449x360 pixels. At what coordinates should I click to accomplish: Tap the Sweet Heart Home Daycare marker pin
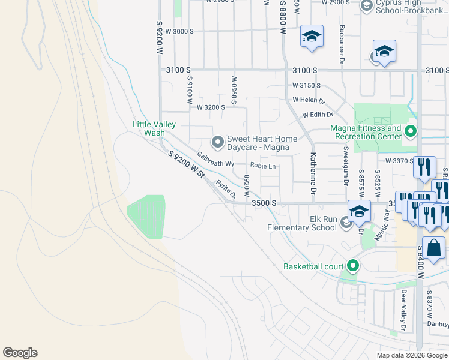[217, 142]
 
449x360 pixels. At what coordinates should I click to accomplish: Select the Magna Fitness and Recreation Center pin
[411, 131]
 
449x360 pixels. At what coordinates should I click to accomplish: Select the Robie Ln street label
[263, 166]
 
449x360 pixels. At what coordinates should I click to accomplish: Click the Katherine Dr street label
[313, 174]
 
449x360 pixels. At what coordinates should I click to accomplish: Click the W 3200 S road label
[211, 107]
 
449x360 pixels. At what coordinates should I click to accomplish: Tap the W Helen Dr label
[309, 100]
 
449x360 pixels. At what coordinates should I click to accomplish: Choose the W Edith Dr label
[318, 115]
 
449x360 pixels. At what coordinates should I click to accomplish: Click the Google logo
[20, 353]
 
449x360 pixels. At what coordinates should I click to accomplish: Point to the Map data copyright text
[412, 355]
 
